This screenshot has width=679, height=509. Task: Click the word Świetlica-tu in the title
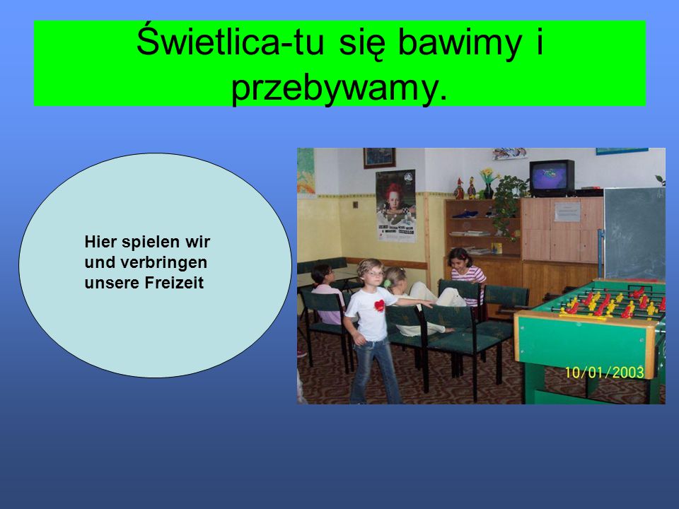(x=230, y=42)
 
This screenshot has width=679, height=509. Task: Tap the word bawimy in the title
(x=460, y=42)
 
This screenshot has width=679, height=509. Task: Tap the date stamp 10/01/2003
(x=604, y=373)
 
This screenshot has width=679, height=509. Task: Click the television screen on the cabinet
(x=549, y=177)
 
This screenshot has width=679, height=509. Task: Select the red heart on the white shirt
(x=380, y=305)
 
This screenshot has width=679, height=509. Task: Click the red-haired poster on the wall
(x=396, y=206)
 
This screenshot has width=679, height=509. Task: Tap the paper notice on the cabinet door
(x=567, y=211)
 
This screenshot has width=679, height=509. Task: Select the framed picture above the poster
(x=379, y=158)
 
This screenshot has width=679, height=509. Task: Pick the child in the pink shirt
(x=326, y=294)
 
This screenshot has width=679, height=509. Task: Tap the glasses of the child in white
(x=375, y=274)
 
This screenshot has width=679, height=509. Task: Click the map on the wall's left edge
(x=306, y=170)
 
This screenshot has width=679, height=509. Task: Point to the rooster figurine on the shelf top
(x=459, y=189)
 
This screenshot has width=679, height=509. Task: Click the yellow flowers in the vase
(x=488, y=175)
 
